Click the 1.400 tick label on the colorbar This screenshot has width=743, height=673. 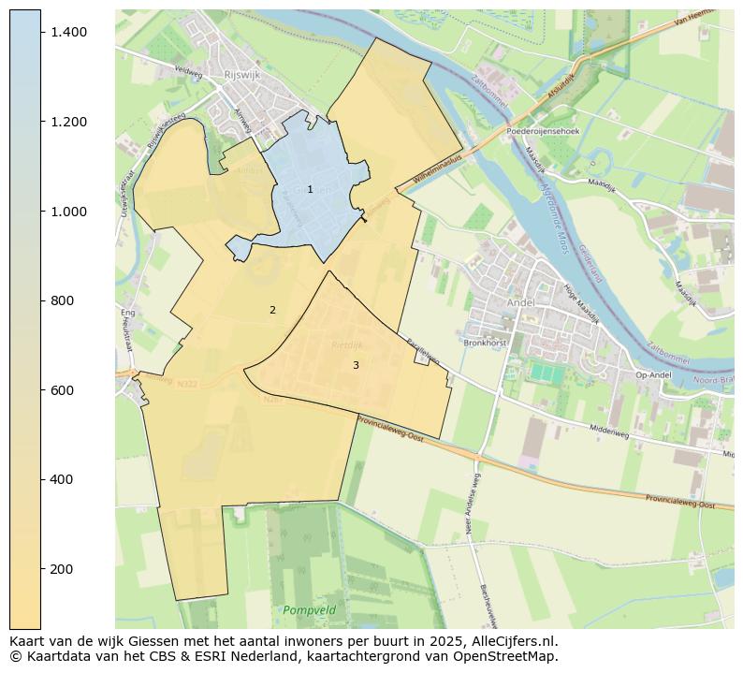point(69,32)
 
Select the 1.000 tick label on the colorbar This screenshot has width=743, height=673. point(69,212)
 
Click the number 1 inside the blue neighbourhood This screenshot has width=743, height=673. point(310,190)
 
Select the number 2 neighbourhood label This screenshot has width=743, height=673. point(272,310)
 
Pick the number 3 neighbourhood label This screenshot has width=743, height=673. point(356,365)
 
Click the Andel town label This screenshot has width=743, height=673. point(519,303)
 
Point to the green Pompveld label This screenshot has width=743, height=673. point(309,610)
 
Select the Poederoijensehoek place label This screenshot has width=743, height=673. point(543,132)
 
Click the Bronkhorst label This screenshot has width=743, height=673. point(485,344)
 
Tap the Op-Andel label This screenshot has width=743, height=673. point(654,375)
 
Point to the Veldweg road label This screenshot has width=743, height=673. point(188,69)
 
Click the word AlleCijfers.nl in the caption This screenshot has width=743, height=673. point(513,642)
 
